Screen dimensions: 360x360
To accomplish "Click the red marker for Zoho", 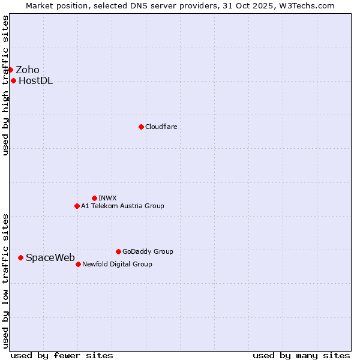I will coord(10,70).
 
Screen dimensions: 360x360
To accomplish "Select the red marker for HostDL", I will coord(13,80).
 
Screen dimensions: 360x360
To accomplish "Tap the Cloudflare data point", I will coord(141,127).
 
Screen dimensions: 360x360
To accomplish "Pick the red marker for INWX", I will coord(94,198).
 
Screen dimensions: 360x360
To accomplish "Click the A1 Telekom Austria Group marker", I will coord(77,206).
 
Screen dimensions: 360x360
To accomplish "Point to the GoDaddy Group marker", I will coord(118,251).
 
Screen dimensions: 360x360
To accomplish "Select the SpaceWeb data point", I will coord(20,257).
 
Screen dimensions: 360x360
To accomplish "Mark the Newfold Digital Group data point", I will coord(78,264).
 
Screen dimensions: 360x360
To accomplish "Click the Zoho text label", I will coord(28,70).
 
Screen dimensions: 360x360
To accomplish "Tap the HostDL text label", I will coord(36,81).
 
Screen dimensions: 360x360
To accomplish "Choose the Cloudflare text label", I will coord(161,127).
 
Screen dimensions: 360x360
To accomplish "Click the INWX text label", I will coord(108,198).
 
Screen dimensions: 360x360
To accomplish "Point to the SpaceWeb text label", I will coord(50,257).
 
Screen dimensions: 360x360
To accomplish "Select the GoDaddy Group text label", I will coord(148,251).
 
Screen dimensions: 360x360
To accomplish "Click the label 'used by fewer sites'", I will coord(62,355).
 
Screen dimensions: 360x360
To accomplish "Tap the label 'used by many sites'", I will coord(301,355).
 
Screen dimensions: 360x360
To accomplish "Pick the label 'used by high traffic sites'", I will coord(5,85).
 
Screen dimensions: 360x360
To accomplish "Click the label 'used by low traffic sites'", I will coord(5,280).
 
